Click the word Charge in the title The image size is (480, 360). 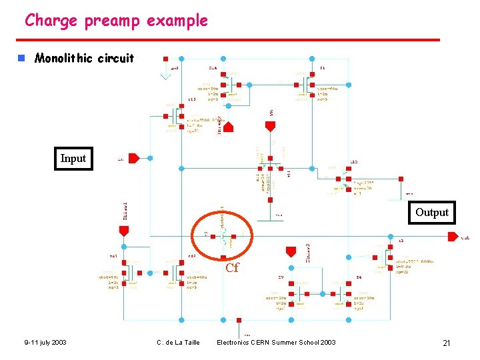[51, 21]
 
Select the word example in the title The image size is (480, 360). [177, 21]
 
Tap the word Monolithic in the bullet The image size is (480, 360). [64, 58]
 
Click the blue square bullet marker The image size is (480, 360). [21, 58]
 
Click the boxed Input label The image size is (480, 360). [73, 159]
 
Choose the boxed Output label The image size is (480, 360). [432, 213]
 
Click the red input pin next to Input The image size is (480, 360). [133, 159]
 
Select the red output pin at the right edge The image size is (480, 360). [453, 237]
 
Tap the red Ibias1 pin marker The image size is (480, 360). [123, 231]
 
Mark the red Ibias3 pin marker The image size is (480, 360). [290, 251]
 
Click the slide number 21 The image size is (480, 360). [447, 343]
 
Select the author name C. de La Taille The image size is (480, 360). [178, 343]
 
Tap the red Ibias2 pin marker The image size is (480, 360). [228, 127]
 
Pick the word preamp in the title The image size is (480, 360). [113, 21]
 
